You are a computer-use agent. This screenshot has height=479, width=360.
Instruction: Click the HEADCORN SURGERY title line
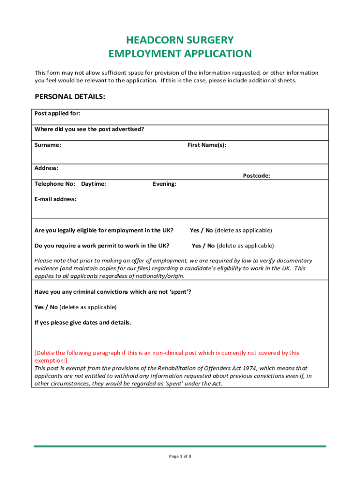coord(180,40)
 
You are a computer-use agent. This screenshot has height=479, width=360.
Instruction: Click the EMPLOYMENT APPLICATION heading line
coord(180,54)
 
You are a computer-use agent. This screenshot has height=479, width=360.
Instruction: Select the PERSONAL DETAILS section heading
coord(70,97)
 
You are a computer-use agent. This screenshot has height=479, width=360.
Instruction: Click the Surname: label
coord(48,145)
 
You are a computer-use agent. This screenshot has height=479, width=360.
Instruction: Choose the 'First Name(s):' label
coord(207,145)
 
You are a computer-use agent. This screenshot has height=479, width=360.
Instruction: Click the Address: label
coord(47,168)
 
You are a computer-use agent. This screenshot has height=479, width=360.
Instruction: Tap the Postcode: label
coord(256,176)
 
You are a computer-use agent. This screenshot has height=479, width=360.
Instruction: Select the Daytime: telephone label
coord(94,184)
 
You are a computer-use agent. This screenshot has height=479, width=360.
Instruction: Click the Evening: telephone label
coord(165,184)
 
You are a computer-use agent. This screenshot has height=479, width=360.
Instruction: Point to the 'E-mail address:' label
coord(56,199)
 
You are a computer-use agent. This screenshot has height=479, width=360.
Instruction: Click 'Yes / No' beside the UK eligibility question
coord(201,230)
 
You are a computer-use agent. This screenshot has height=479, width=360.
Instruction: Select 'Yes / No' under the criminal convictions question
coord(46,307)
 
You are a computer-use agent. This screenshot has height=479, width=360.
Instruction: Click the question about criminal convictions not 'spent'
coord(113,292)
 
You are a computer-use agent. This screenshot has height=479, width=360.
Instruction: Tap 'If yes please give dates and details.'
coord(83,323)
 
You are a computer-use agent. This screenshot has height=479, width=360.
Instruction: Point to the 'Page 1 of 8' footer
coord(180,456)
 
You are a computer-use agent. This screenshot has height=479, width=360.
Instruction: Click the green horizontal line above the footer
coord(180,446)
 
